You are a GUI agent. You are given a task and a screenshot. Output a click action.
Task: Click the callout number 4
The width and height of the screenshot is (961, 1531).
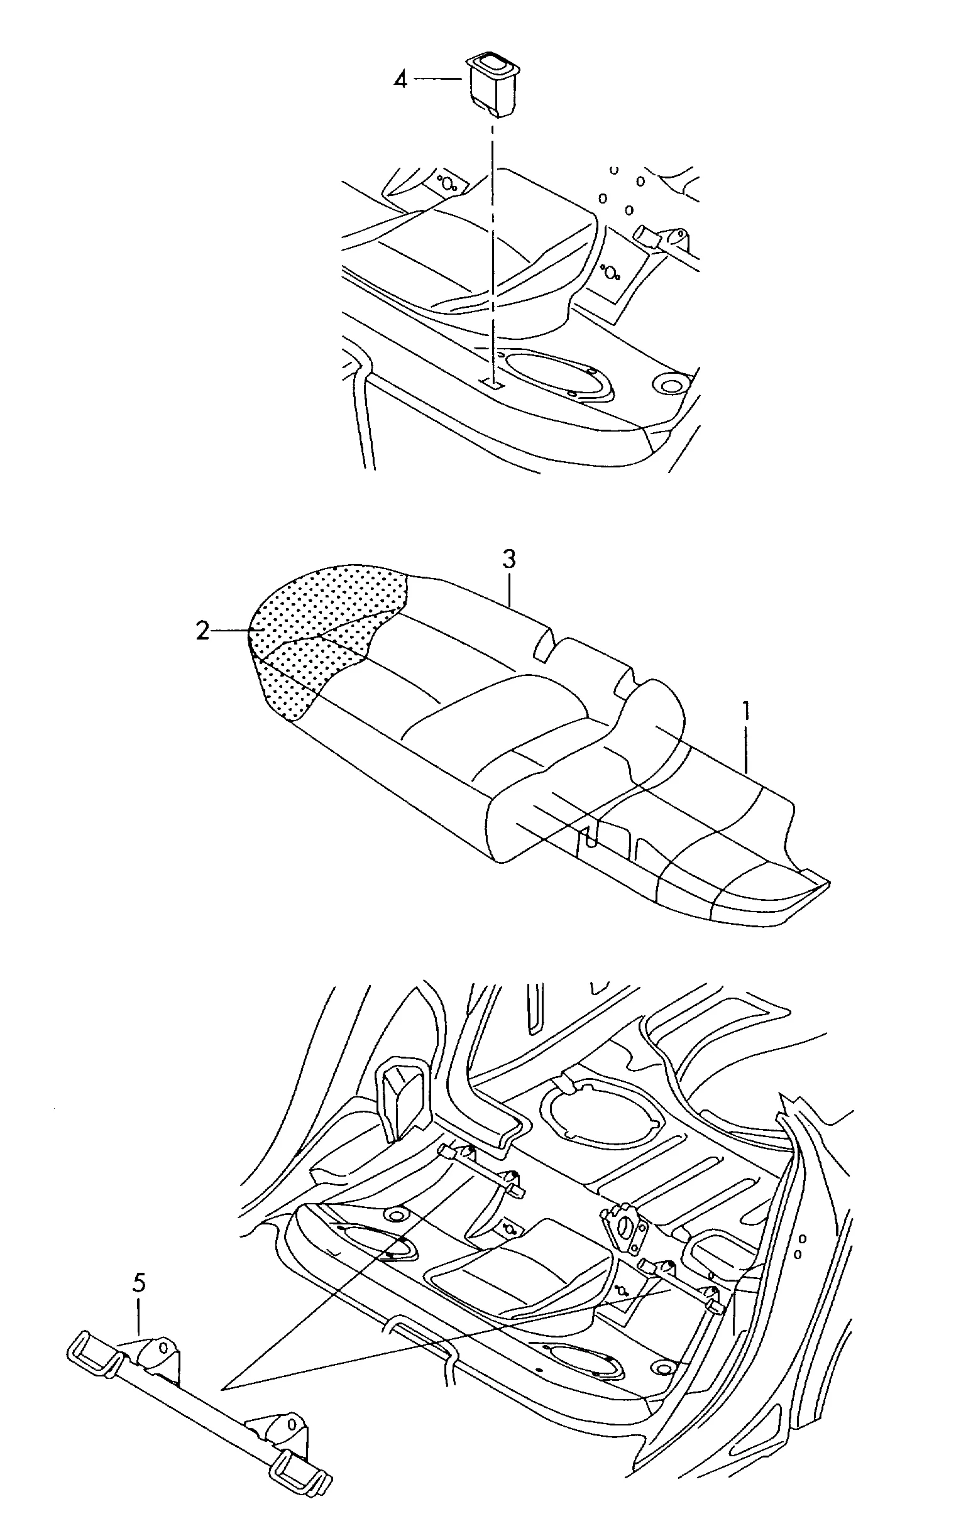point(400,80)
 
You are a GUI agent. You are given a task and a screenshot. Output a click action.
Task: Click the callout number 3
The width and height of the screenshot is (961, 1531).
point(509,560)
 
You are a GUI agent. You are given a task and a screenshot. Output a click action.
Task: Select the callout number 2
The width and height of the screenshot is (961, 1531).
point(203,631)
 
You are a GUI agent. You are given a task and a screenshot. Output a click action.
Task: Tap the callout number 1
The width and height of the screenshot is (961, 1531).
point(747,711)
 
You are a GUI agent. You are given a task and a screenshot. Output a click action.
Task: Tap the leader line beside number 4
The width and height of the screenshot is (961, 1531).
point(439,79)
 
